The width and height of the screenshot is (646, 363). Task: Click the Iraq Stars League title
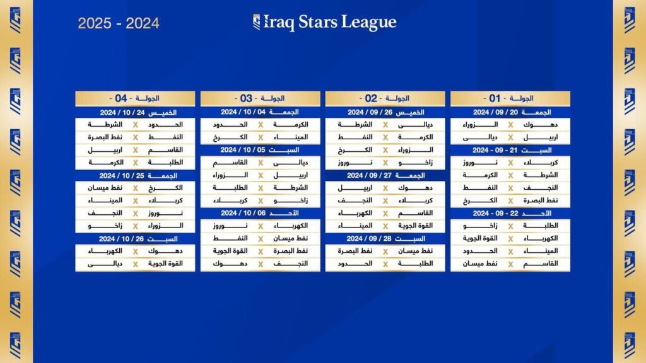325,23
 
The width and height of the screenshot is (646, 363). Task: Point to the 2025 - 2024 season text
119,24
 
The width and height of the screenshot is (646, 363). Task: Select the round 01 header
510,98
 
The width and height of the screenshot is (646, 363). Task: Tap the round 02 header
385,98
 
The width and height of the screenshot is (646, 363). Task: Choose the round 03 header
261,98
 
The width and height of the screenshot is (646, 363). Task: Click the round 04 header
135,98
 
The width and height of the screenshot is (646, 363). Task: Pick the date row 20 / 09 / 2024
510,112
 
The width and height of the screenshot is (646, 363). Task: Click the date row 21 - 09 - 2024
510,151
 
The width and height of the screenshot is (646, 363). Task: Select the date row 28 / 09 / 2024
385,239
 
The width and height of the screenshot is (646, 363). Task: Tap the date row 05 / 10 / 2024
261,151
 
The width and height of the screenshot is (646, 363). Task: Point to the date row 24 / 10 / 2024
135,112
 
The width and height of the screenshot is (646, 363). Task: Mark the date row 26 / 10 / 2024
135,239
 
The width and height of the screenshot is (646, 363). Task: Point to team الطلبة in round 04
166,163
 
